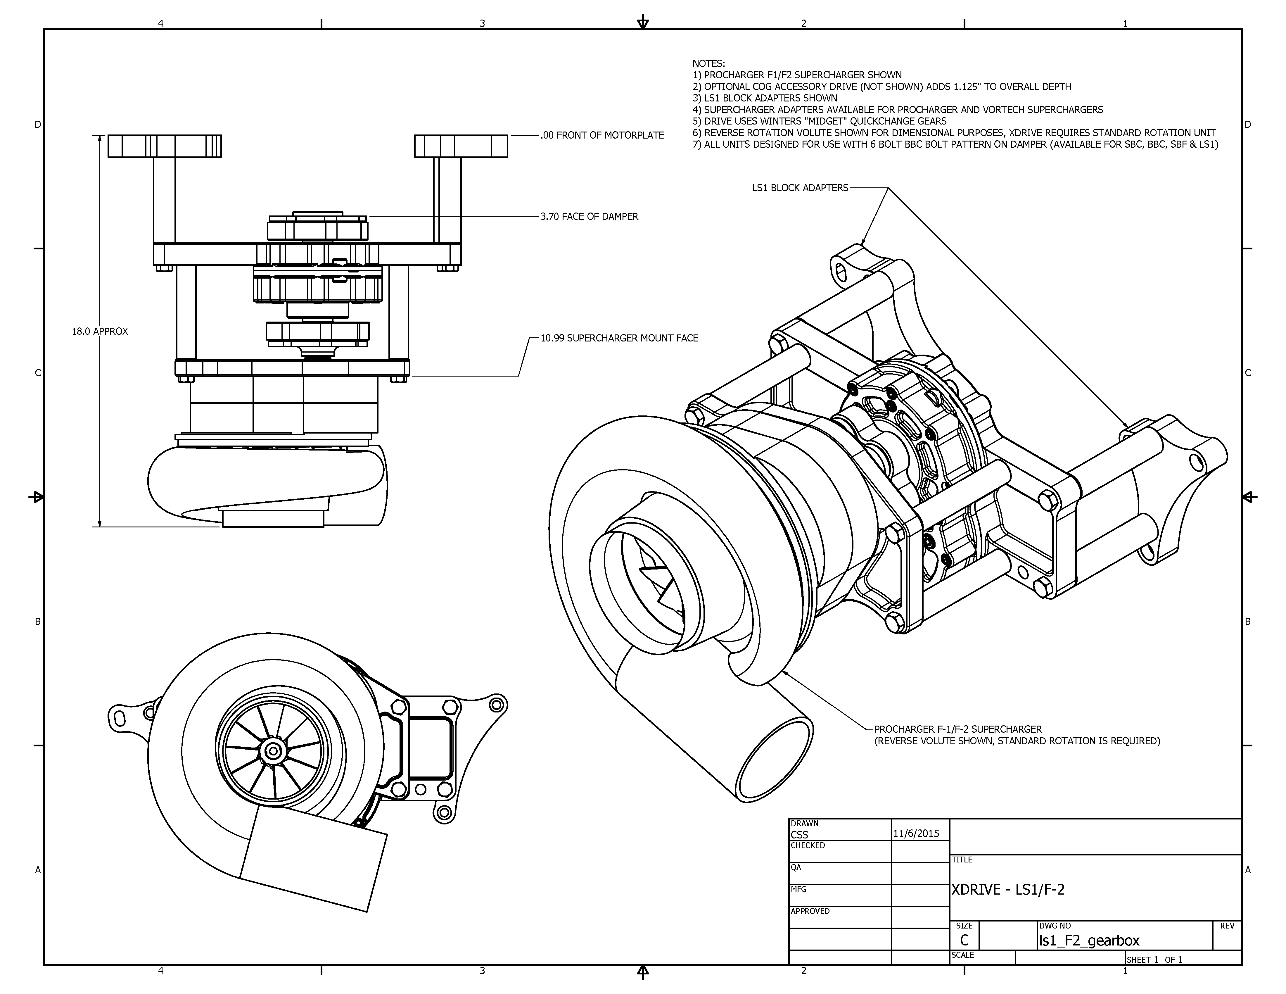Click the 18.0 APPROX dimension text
click(x=99, y=332)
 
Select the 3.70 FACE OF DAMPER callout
click(x=589, y=217)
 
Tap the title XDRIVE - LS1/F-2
click(x=1007, y=890)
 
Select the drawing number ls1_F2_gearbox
click(x=1089, y=941)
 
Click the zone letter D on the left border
click(x=38, y=125)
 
